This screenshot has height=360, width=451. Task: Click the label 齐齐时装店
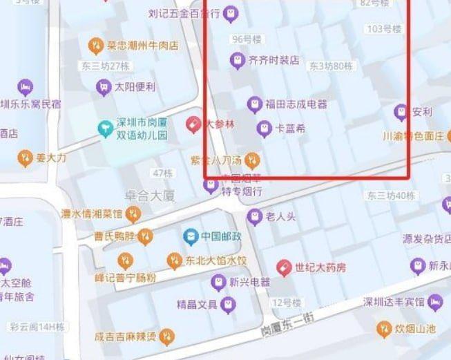point(274,60)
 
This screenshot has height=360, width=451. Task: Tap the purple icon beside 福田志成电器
point(254,104)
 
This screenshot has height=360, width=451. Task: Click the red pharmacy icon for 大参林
point(194,125)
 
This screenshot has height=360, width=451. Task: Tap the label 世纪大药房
point(320,267)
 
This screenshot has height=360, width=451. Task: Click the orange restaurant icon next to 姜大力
point(25,158)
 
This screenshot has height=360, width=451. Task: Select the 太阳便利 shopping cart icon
point(103,87)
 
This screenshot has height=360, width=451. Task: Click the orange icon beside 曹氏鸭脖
point(145,237)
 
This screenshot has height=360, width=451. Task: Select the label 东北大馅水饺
point(215,260)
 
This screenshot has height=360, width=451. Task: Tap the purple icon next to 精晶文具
point(227,304)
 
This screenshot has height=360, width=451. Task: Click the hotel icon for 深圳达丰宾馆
point(435,302)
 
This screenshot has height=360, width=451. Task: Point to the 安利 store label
point(422,111)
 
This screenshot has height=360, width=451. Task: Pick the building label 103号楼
point(384,29)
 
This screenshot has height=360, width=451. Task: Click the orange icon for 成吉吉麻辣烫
point(166,337)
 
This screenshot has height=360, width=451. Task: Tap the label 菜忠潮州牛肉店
point(142,46)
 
